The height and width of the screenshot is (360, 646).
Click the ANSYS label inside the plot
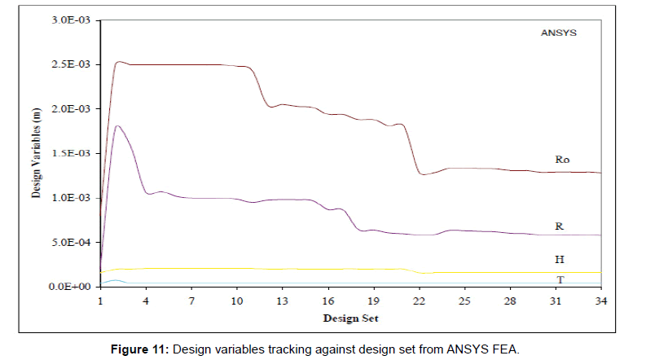click(558, 35)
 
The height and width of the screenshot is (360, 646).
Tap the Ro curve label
click(562, 160)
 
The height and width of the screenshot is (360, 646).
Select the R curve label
click(560, 226)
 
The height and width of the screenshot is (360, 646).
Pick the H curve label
click(560, 259)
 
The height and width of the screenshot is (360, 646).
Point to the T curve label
click(560, 279)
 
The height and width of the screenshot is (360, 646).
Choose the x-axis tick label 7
click(191, 301)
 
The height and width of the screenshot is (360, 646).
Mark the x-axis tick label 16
click(328, 301)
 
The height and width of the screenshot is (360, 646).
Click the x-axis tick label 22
click(419, 301)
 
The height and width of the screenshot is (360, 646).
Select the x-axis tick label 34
click(601, 301)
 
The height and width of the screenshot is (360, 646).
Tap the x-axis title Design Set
click(350, 318)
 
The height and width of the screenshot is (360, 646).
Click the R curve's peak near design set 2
click(118, 126)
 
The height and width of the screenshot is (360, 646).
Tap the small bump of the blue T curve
click(116, 280)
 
